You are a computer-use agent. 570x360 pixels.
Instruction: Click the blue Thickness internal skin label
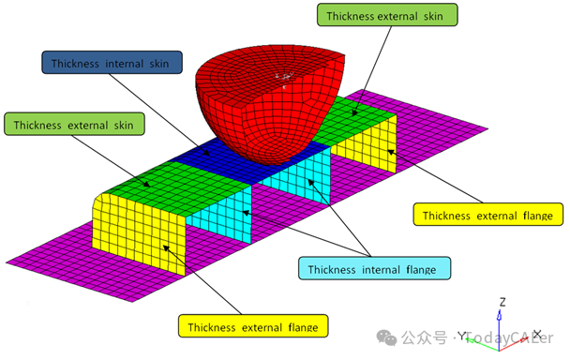point(112,63)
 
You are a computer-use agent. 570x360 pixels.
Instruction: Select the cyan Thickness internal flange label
point(374,268)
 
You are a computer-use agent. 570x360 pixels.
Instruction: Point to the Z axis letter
point(502,302)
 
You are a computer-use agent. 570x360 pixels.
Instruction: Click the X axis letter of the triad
point(537,334)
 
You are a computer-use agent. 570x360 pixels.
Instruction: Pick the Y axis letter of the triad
point(461,336)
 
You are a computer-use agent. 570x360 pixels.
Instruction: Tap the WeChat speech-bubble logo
point(386,337)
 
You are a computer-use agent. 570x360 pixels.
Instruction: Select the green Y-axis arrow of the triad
point(482,345)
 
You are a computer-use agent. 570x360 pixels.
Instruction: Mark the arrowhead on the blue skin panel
point(206,153)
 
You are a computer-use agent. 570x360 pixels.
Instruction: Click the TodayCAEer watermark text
point(509,338)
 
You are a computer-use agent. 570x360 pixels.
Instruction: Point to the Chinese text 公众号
point(425,337)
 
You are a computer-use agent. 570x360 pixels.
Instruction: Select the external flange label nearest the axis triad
point(487,215)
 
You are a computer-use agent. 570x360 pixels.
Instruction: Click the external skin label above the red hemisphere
point(387,15)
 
